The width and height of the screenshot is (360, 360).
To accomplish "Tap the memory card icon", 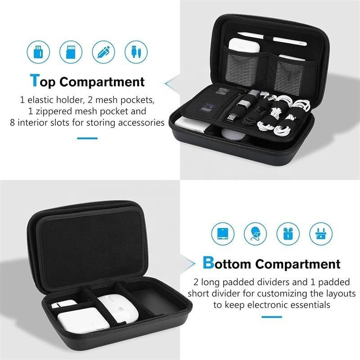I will (71, 52).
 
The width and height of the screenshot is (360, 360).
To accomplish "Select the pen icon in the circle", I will (103, 52).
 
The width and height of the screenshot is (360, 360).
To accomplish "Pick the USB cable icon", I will (136, 52).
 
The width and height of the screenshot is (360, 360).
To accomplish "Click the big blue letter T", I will (35, 81).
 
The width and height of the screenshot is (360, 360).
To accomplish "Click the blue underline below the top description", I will (87, 138).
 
